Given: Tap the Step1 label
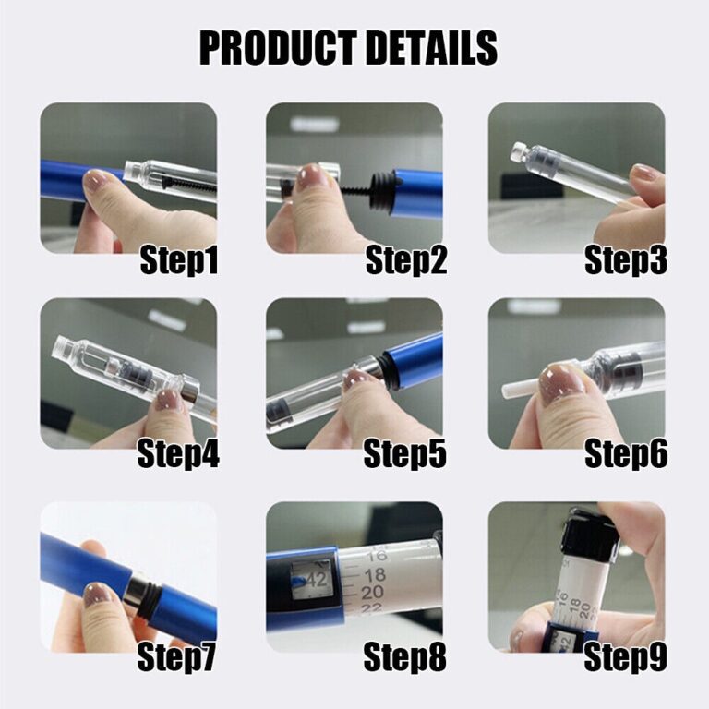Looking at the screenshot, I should [x=179, y=261].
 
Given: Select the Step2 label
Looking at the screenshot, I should [x=406, y=261].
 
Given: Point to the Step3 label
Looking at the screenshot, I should [x=626, y=261].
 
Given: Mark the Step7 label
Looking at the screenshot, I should [x=177, y=658].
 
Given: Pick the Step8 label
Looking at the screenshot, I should [x=404, y=658].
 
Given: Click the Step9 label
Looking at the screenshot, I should [x=626, y=658].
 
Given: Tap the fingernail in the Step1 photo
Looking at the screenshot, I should [x=96, y=180].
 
